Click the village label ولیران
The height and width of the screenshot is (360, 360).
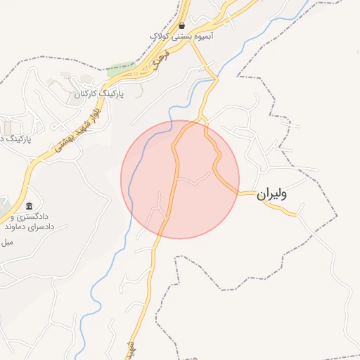coord(272,195)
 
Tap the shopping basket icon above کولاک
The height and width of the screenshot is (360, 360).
coord(181,25)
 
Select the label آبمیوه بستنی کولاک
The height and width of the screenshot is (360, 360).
coord(181,35)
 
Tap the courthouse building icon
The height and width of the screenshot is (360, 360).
coord(29,206)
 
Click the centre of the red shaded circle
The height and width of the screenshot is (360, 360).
coord(180,179)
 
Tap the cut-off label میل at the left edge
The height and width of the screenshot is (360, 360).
coord(7,243)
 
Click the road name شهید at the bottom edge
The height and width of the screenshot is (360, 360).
coord(131,349)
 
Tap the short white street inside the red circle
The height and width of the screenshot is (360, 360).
coord(193,180)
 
